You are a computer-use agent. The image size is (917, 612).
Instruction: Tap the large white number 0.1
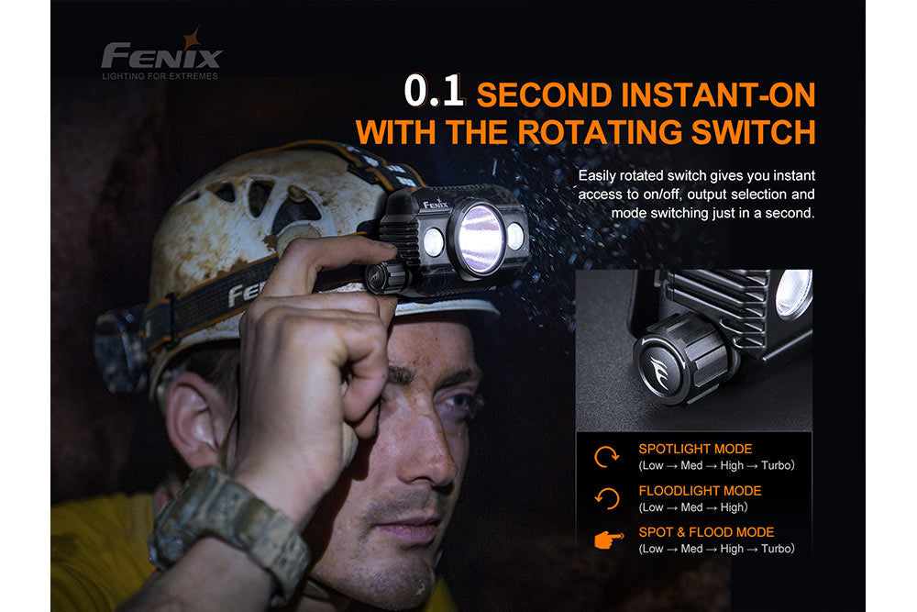(x=436, y=93)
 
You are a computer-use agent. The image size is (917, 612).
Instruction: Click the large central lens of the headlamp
(x=481, y=239)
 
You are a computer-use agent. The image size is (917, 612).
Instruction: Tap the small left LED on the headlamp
(x=433, y=242)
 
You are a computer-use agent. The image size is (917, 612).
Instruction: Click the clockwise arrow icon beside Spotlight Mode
(x=606, y=456)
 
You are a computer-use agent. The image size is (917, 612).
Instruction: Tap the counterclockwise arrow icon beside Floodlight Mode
(x=606, y=498)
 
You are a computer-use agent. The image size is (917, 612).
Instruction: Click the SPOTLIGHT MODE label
(x=695, y=449)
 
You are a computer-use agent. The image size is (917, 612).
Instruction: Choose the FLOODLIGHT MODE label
(x=700, y=491)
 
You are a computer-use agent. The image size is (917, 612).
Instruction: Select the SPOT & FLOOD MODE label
(x=706, y=532)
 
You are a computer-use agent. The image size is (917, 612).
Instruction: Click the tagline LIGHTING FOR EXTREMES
(x=160, y=75)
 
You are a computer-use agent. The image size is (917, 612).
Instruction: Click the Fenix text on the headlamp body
(x=436, y=204)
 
